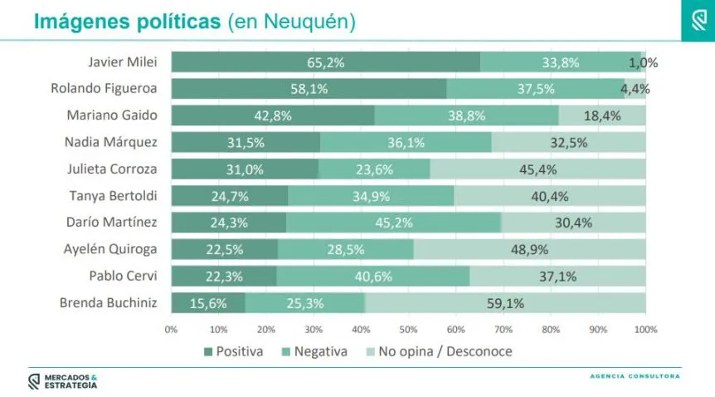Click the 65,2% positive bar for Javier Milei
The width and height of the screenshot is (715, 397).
325,62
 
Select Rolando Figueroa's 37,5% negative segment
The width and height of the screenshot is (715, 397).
535,89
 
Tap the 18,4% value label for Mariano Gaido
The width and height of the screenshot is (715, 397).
602,115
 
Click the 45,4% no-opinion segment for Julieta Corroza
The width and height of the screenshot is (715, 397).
537,169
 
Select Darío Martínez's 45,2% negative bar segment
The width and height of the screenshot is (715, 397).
393,223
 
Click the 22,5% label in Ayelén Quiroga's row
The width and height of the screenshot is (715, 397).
224,249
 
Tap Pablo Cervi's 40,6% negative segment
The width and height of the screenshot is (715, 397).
372,276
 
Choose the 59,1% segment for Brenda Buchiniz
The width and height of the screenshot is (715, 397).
504,303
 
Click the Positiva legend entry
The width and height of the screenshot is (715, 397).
233,351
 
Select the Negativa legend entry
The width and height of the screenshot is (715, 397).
314,351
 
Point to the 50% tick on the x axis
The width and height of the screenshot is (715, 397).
408,330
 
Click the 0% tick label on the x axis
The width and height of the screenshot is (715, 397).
171,330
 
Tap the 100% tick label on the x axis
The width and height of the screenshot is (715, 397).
645,330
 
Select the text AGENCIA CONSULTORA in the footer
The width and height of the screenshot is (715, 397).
635,376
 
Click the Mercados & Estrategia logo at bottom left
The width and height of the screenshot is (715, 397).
63,380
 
